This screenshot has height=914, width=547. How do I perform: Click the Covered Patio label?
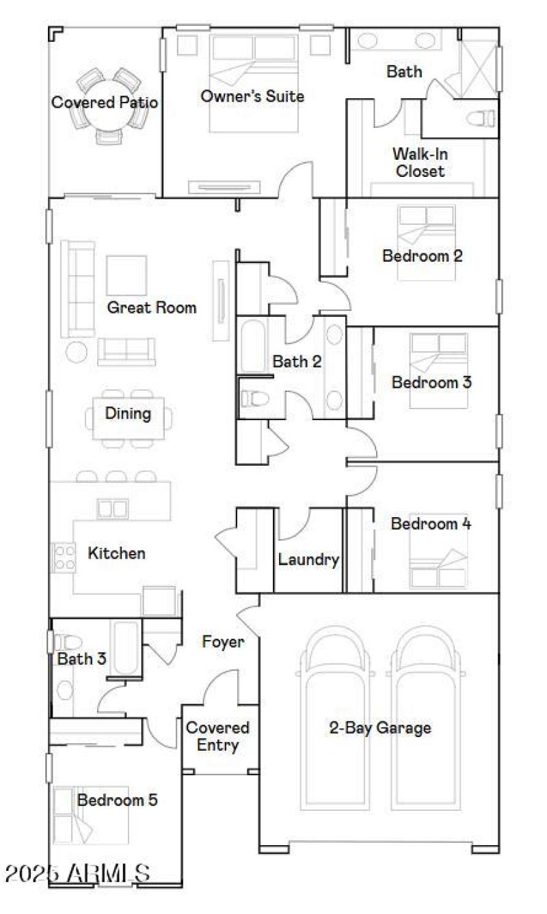[105, 102]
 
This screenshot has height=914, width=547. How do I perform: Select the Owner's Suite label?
[252, 96]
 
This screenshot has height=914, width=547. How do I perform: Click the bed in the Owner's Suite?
[254, 82]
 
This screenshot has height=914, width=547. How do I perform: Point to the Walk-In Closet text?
[420, 162]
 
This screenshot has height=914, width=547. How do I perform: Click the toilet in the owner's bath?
[481, 118]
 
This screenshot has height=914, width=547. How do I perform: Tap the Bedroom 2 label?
[422, 256]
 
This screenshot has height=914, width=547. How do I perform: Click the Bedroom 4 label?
[431, 524]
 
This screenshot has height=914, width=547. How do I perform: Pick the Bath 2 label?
[297, 361]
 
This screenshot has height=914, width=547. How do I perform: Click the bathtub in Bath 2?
[253, 346]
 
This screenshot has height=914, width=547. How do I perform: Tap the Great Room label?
[151, 307]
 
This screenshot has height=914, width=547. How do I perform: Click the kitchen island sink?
[112, 508]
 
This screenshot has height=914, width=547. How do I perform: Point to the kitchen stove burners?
[64, 557]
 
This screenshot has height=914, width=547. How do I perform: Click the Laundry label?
[308, 560]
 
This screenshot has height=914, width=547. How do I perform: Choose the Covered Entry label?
[217, 736]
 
